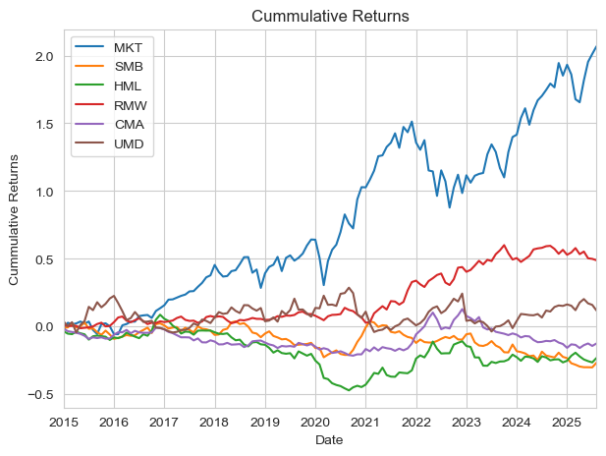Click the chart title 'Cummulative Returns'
click(330, 16)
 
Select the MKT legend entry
click(126, 49)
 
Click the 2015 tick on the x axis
click(65, 422)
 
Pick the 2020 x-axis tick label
click(315, 422)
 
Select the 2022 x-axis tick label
click(415, 422)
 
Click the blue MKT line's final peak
click(595, 47)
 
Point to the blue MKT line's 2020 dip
click(324, 285)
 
